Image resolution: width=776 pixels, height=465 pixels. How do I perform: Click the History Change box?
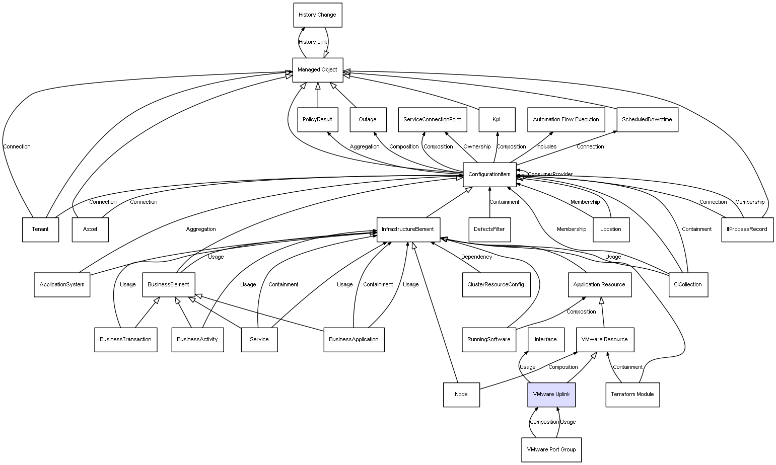coord(317,15)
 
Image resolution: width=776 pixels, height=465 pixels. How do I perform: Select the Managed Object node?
coord(317,70)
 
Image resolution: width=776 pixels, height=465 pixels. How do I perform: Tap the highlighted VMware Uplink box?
coord(551,395)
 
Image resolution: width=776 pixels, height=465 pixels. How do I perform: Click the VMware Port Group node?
coord(551,449)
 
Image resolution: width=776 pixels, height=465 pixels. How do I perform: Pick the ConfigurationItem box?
coord(489,175)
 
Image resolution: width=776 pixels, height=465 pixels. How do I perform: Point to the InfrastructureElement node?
coord(408,229)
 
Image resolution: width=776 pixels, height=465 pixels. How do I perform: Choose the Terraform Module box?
coord(632,395)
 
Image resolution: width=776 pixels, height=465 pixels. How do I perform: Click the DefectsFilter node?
coord(489,229)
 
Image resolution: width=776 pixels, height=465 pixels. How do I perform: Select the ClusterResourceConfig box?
coord(495,284)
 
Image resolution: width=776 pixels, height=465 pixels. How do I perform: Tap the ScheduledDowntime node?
coord(647,120)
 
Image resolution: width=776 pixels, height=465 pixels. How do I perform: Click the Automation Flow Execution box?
coord(566,120)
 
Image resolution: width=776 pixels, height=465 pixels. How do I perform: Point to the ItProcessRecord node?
coord(747,229)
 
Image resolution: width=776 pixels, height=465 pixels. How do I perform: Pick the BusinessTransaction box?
coord(125,340)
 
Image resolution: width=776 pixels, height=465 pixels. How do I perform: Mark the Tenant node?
coord(40,229)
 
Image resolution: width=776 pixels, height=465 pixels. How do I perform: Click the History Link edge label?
coord(313,42)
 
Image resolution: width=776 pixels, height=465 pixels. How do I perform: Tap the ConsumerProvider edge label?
coord(550,175)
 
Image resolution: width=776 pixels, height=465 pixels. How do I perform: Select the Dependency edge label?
coord(476,257)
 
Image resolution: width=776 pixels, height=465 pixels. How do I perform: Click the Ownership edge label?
coord(476,147)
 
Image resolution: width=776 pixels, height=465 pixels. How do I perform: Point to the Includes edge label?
coord(546,147)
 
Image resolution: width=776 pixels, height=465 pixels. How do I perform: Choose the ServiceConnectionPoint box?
coord(432,120)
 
